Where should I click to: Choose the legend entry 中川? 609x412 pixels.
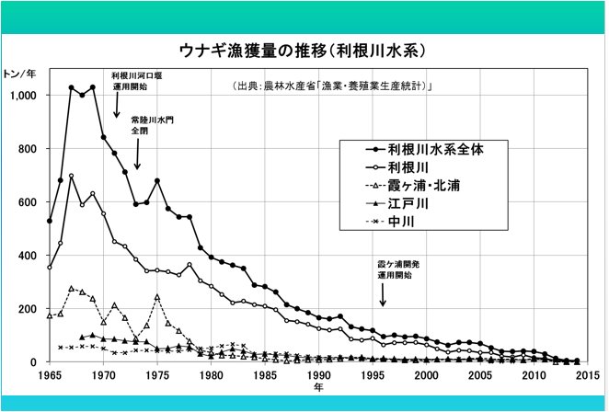coord(401,223)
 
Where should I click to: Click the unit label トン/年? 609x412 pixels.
coord(21,74)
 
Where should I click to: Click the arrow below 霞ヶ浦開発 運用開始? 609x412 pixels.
coord(385,294)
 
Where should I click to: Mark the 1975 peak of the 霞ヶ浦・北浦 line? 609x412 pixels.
coord(157,297)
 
